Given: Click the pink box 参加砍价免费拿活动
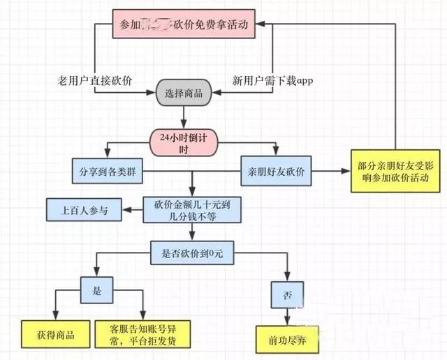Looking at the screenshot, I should click(184, 26).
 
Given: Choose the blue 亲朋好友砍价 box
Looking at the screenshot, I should click(276, 170).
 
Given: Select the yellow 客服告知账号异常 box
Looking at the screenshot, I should click(143, 333).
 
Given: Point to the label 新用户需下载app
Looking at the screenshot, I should click(272, 80).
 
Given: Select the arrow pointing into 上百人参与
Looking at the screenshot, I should click(132, 208).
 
